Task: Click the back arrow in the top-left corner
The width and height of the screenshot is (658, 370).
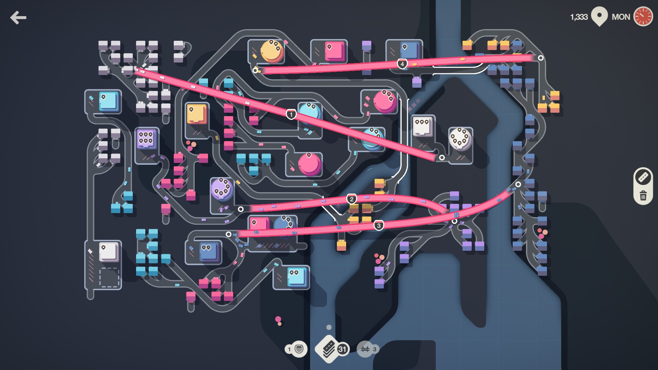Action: pos(18,17)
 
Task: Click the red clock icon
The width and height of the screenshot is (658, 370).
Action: pos(643,16)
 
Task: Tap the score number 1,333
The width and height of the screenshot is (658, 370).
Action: pos(579,17)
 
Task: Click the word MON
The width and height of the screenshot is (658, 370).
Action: pos(621,17)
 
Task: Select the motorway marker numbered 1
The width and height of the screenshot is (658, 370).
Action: pos(291,114)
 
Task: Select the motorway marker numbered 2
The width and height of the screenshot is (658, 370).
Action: pos(351,199)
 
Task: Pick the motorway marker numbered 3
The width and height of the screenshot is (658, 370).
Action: pos(378,225)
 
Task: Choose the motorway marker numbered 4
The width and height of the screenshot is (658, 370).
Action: pos(402,64)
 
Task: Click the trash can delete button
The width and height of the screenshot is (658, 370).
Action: pos(643,196)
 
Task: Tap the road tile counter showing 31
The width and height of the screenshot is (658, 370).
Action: pos(332,349)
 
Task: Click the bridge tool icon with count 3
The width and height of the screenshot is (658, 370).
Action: pos(368,349)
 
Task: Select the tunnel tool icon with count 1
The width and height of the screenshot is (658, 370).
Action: pos(296,349)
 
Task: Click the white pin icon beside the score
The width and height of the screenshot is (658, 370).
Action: pos(599,16)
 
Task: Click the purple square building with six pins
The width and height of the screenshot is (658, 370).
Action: pos(146,139)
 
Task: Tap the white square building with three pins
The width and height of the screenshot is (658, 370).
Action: pos(422,126)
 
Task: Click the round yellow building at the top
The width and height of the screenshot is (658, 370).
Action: pos(272,51)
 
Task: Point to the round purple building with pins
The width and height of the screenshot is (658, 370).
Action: pos(222,189)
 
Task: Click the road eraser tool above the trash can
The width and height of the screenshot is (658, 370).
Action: pos(643,177)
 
